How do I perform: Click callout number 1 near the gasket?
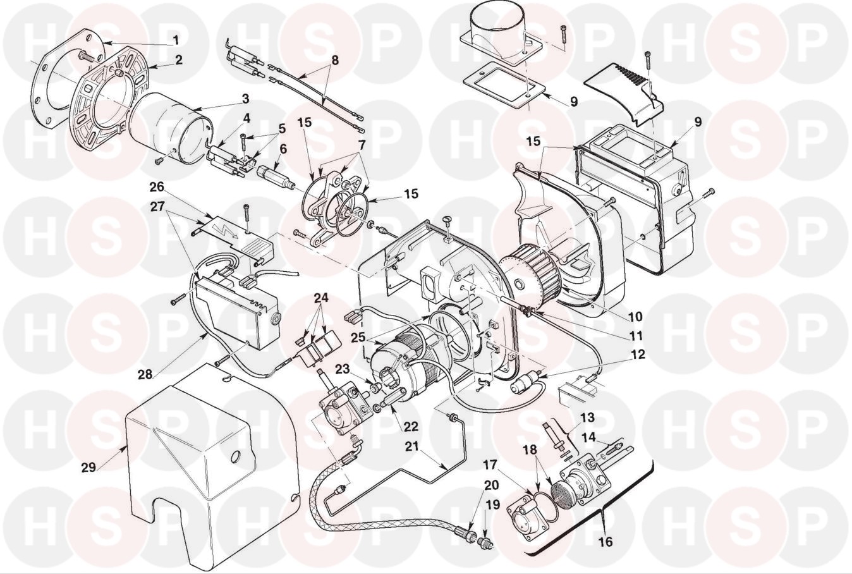coord(176,39)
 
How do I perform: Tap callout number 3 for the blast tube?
coord(245,99)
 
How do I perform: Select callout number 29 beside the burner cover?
coord(89,467)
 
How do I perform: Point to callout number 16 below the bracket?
coord(606,541)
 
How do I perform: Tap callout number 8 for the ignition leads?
coord(335,61)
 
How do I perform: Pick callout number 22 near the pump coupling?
coord(411,426)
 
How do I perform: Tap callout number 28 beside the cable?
coord(145,374)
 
